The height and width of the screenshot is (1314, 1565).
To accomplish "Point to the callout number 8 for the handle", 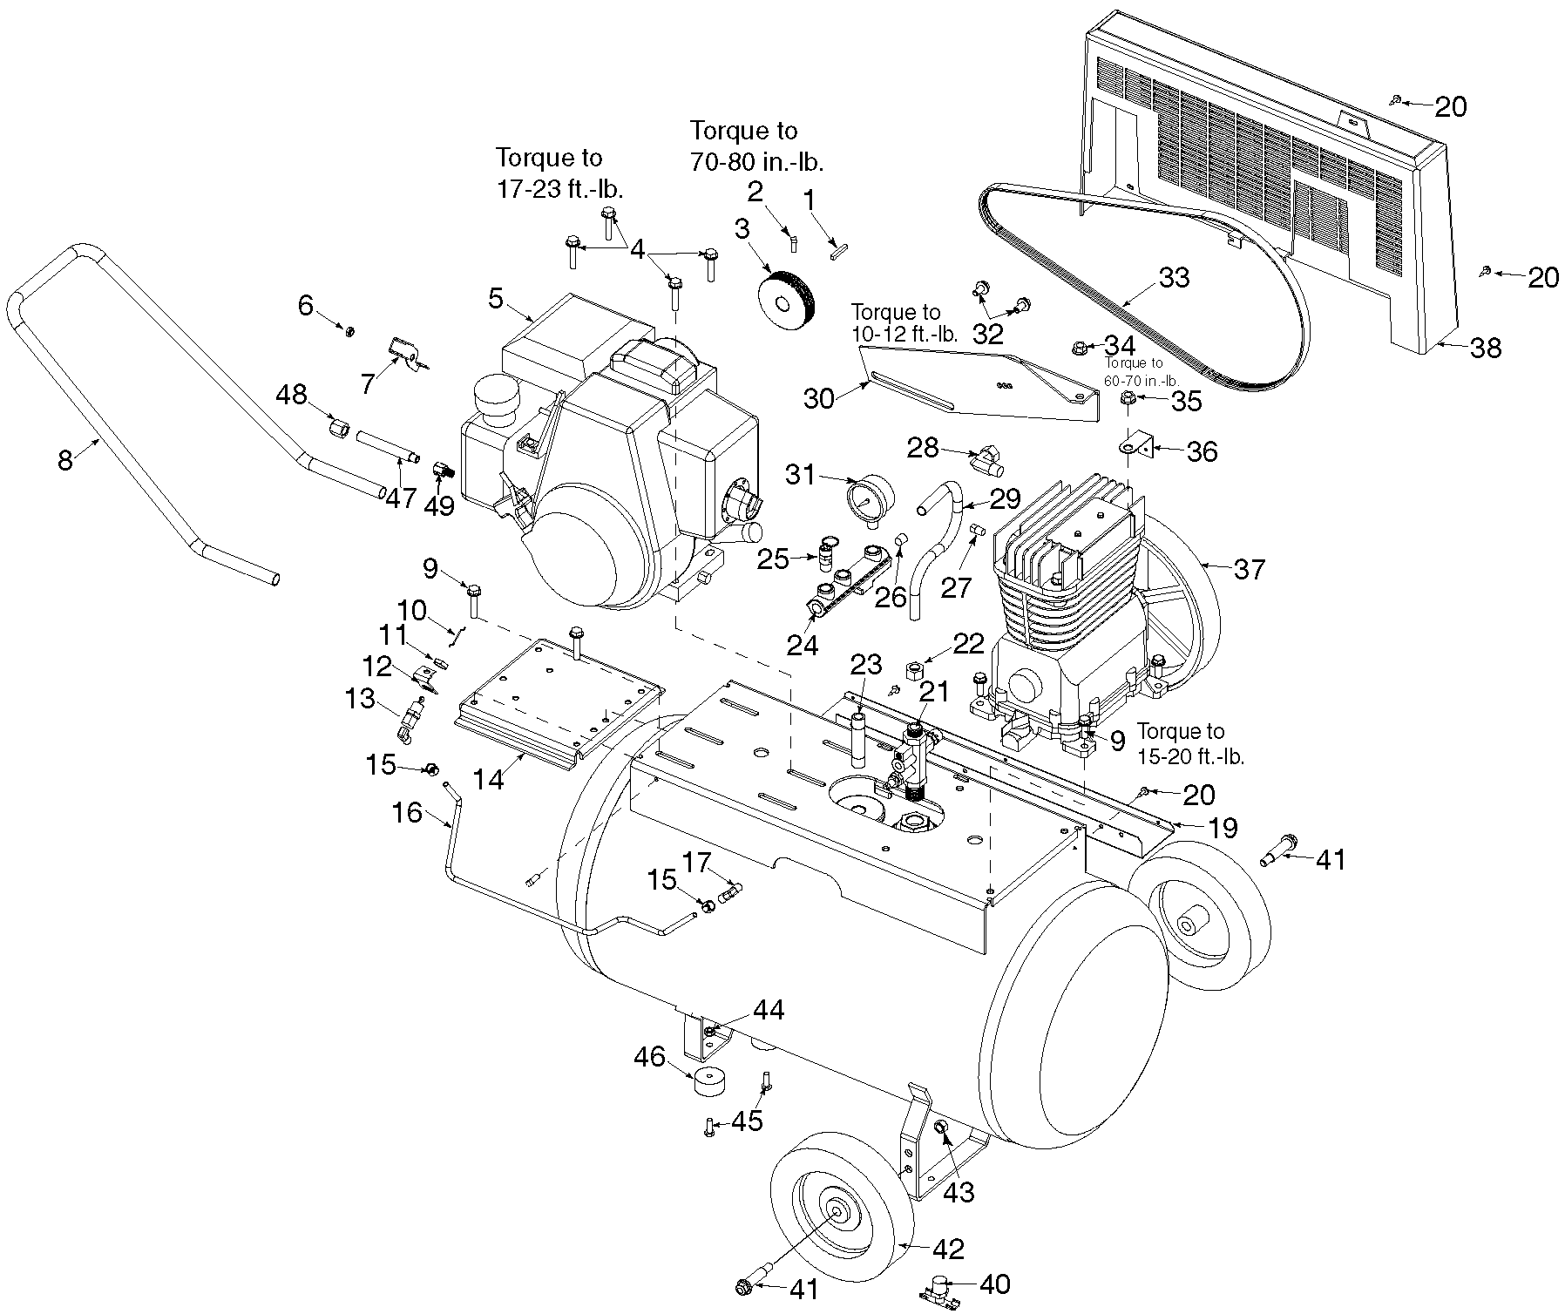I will click(65, 459).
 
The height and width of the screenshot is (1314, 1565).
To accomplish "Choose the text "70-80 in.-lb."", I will click(756, 162).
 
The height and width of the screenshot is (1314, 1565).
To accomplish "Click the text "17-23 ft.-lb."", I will click(560, 190).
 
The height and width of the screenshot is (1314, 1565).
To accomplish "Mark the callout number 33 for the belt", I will click(1174, 277).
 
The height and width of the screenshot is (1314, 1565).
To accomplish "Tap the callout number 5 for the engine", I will click(496, 299).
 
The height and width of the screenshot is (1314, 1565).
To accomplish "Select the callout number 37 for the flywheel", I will click(1250, 569).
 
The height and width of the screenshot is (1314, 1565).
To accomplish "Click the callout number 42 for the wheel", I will click(948, 1249).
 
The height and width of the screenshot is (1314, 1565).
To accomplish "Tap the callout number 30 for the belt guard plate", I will click(819, 398).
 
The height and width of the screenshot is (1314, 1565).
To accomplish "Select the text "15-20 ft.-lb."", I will click(1191, 756).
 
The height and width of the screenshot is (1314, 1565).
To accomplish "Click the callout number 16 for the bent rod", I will click(407, 813).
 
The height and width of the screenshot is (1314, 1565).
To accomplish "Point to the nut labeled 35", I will click(1127, 398).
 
